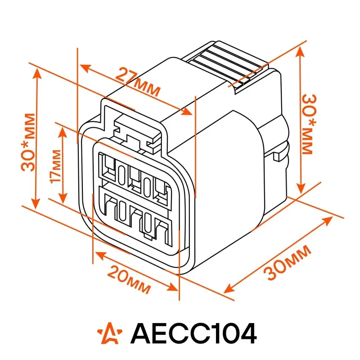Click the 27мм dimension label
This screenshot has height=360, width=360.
(138, 82)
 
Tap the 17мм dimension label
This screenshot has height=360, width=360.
(56, 166)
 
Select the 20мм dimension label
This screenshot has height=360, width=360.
(129, 279)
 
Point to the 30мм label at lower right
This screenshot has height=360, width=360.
(288, 262)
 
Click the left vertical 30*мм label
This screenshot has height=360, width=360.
(28, 142)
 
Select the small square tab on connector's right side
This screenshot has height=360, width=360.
(277, 157)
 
